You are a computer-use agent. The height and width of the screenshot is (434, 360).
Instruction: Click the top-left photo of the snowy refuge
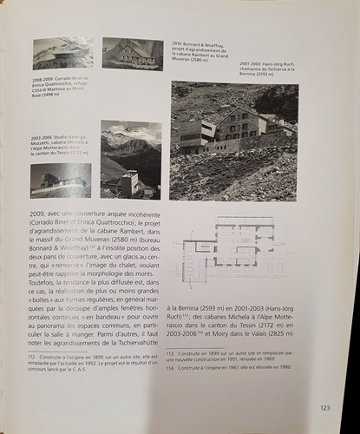pos(62,54)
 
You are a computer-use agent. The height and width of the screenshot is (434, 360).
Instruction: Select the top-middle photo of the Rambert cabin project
pos(132,53)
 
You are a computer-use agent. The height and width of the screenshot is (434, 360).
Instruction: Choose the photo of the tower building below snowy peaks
pos(131,159)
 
